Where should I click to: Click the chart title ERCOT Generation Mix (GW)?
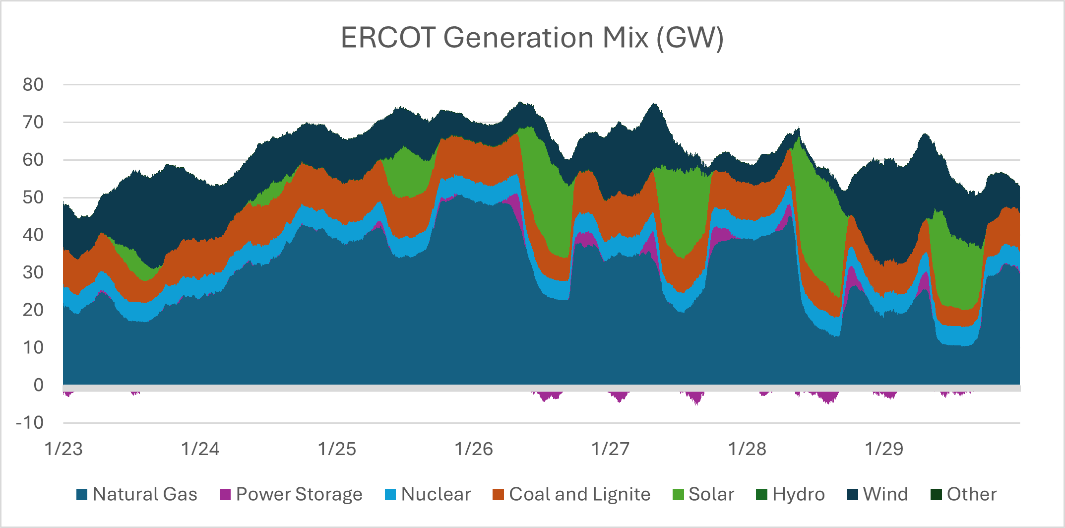[x=532, y=38]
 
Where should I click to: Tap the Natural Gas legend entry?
[x=137, y=494]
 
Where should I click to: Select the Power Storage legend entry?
[x=291, y=494]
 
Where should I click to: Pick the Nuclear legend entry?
[x=428, y=494]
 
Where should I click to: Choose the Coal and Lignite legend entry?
[x=571, y=494]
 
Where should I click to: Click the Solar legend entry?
[x=703, y=494]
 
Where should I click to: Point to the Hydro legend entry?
[x=790, y=494]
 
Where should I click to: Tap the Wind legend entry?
[x=877, y=494]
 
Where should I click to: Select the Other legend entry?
[x=963, y=494]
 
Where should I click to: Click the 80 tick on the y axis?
[x=33, y=85]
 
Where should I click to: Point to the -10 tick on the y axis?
[x=30, y=423]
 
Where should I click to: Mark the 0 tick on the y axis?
[x=38, y=385]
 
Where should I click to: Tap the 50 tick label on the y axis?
[x=33, y=198]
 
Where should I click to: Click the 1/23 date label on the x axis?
[x=63, y=449]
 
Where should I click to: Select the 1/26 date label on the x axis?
[x=474, y=449]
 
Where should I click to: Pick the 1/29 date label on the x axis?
[x=884, y=449]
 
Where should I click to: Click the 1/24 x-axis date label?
[x=200, y=449]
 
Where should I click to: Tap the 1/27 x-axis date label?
[x=610, y=449]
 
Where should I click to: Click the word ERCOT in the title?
[x=388, y=38]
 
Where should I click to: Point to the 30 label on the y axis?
[x=33, y=272]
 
